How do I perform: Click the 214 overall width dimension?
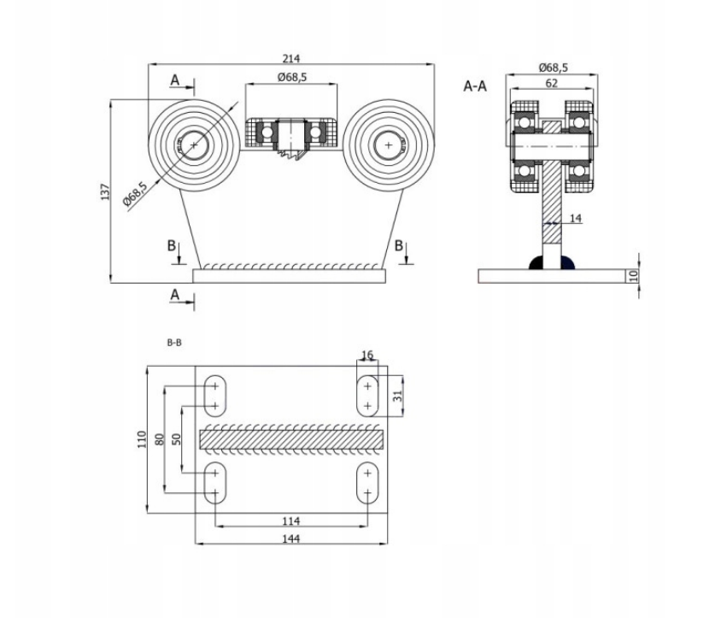coord(291,58)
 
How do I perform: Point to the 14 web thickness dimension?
coord(575,220)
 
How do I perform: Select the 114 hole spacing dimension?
coord(291,520)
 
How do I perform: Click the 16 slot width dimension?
coord(367,355)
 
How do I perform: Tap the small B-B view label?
coord(173,341)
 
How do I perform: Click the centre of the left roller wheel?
coord(194,145)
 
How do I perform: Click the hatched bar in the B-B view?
coord(291,438)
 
